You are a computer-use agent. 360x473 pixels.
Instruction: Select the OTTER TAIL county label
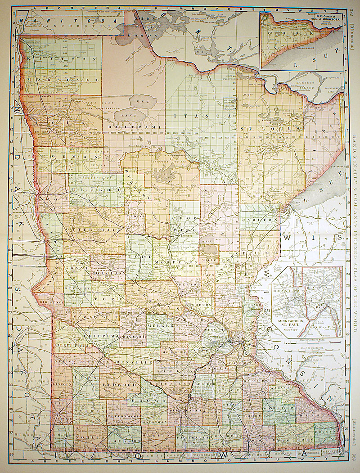tap(93, 230)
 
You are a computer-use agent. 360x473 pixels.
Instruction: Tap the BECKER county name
tap(96, 190)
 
